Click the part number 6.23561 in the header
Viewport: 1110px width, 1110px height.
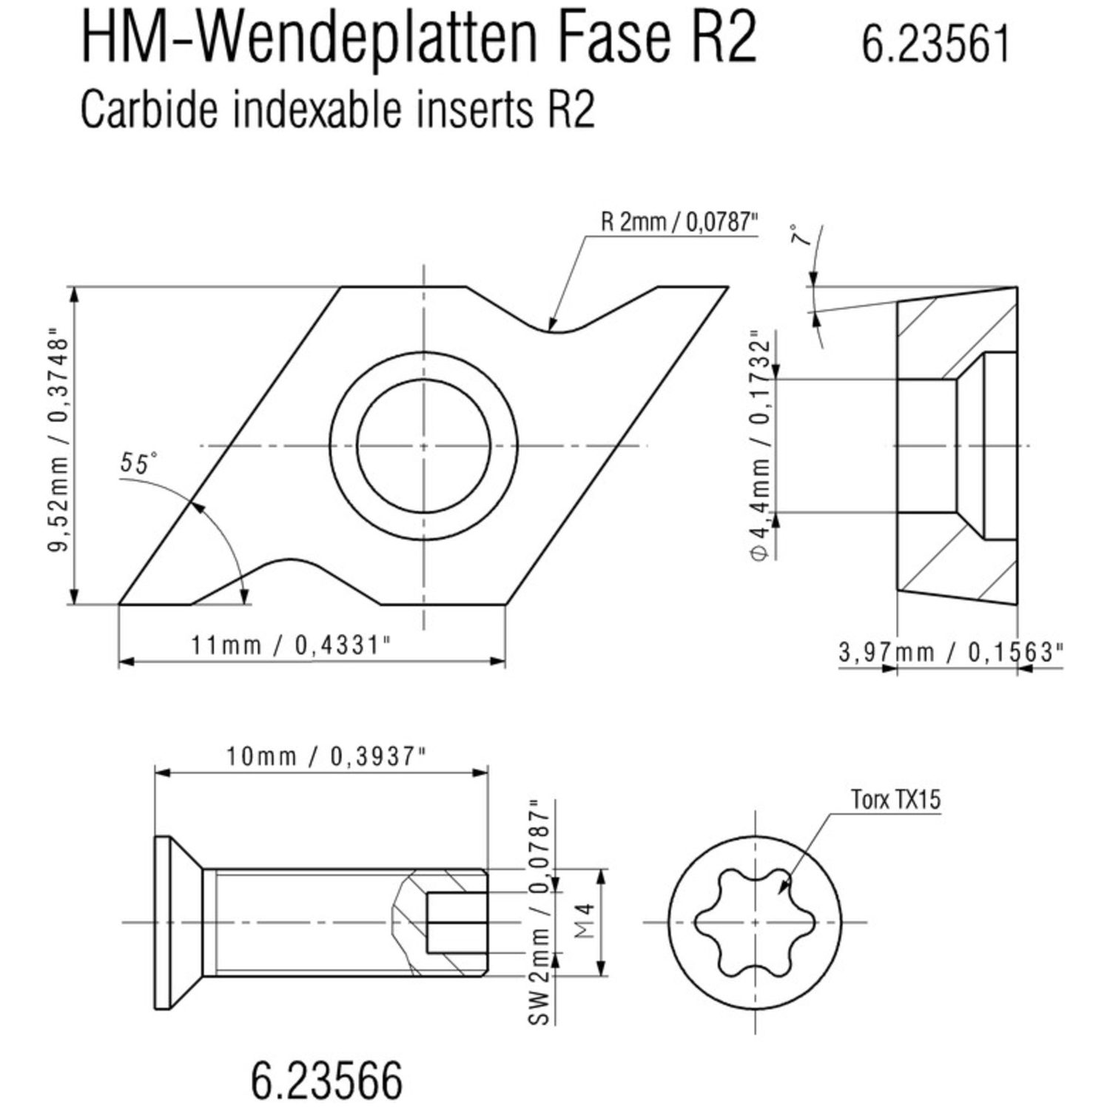point(935,44)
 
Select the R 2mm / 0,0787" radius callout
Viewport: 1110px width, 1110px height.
point(680,223)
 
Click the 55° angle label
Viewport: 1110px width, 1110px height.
point(138,463)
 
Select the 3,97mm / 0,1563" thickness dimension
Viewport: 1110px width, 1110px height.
point(951,652)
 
